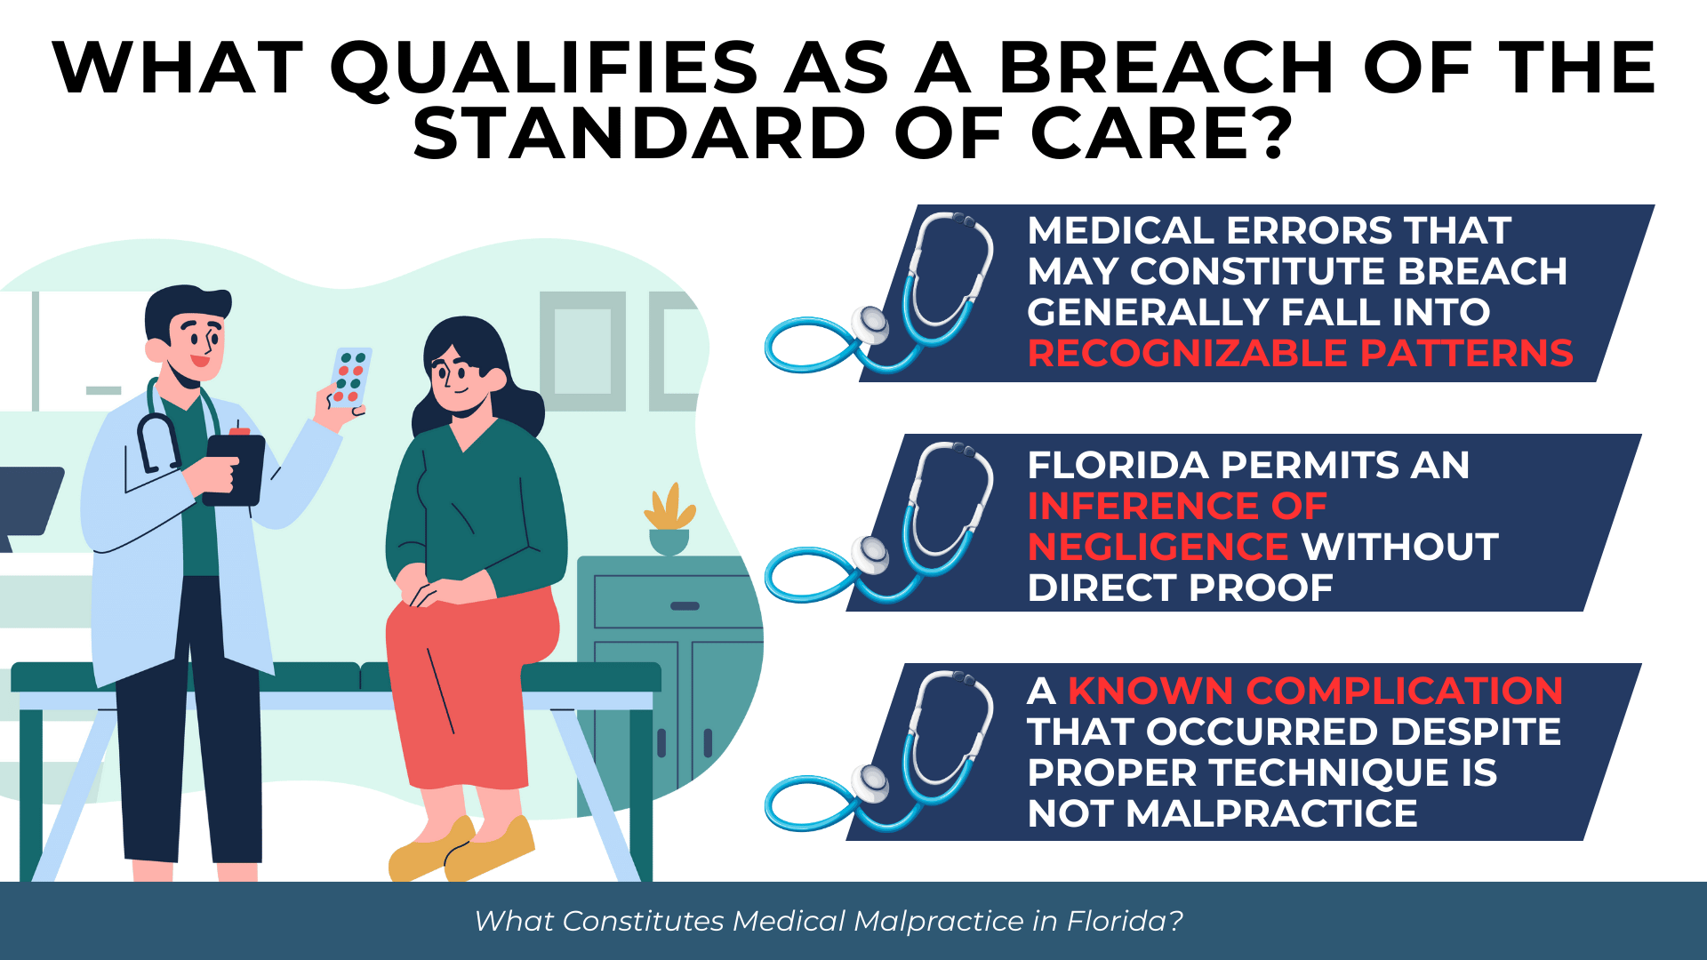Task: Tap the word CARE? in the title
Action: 1162,134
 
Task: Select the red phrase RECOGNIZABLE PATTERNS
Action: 1300,353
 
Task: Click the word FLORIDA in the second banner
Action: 1117,465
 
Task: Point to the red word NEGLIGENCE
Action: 1158,547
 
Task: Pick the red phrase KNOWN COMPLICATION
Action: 1315,691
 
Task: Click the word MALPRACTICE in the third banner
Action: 1271,813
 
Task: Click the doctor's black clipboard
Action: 235,468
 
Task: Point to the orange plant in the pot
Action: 669,507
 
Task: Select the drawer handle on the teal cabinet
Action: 685,606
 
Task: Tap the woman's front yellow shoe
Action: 490,849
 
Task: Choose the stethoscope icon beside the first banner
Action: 880,293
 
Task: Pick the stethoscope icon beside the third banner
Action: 880,752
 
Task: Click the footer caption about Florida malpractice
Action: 829,921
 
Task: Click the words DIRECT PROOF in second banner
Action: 1180,588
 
